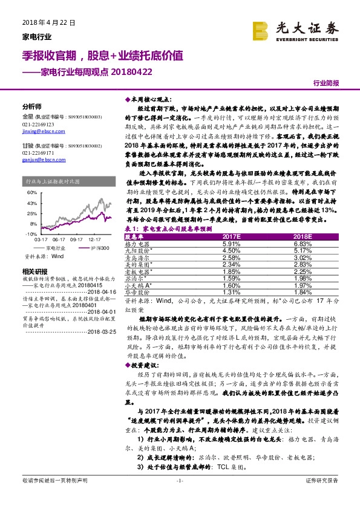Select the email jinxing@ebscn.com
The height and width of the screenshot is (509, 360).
pyautogui.click(x=39, y=131)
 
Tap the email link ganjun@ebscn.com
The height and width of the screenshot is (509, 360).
pyautogui.click(x=38, y=161)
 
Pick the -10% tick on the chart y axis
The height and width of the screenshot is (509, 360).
pyautogui.click(x=31, y=233)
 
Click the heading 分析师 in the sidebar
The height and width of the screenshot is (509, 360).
pyautogui.click(x=31, y=105)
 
